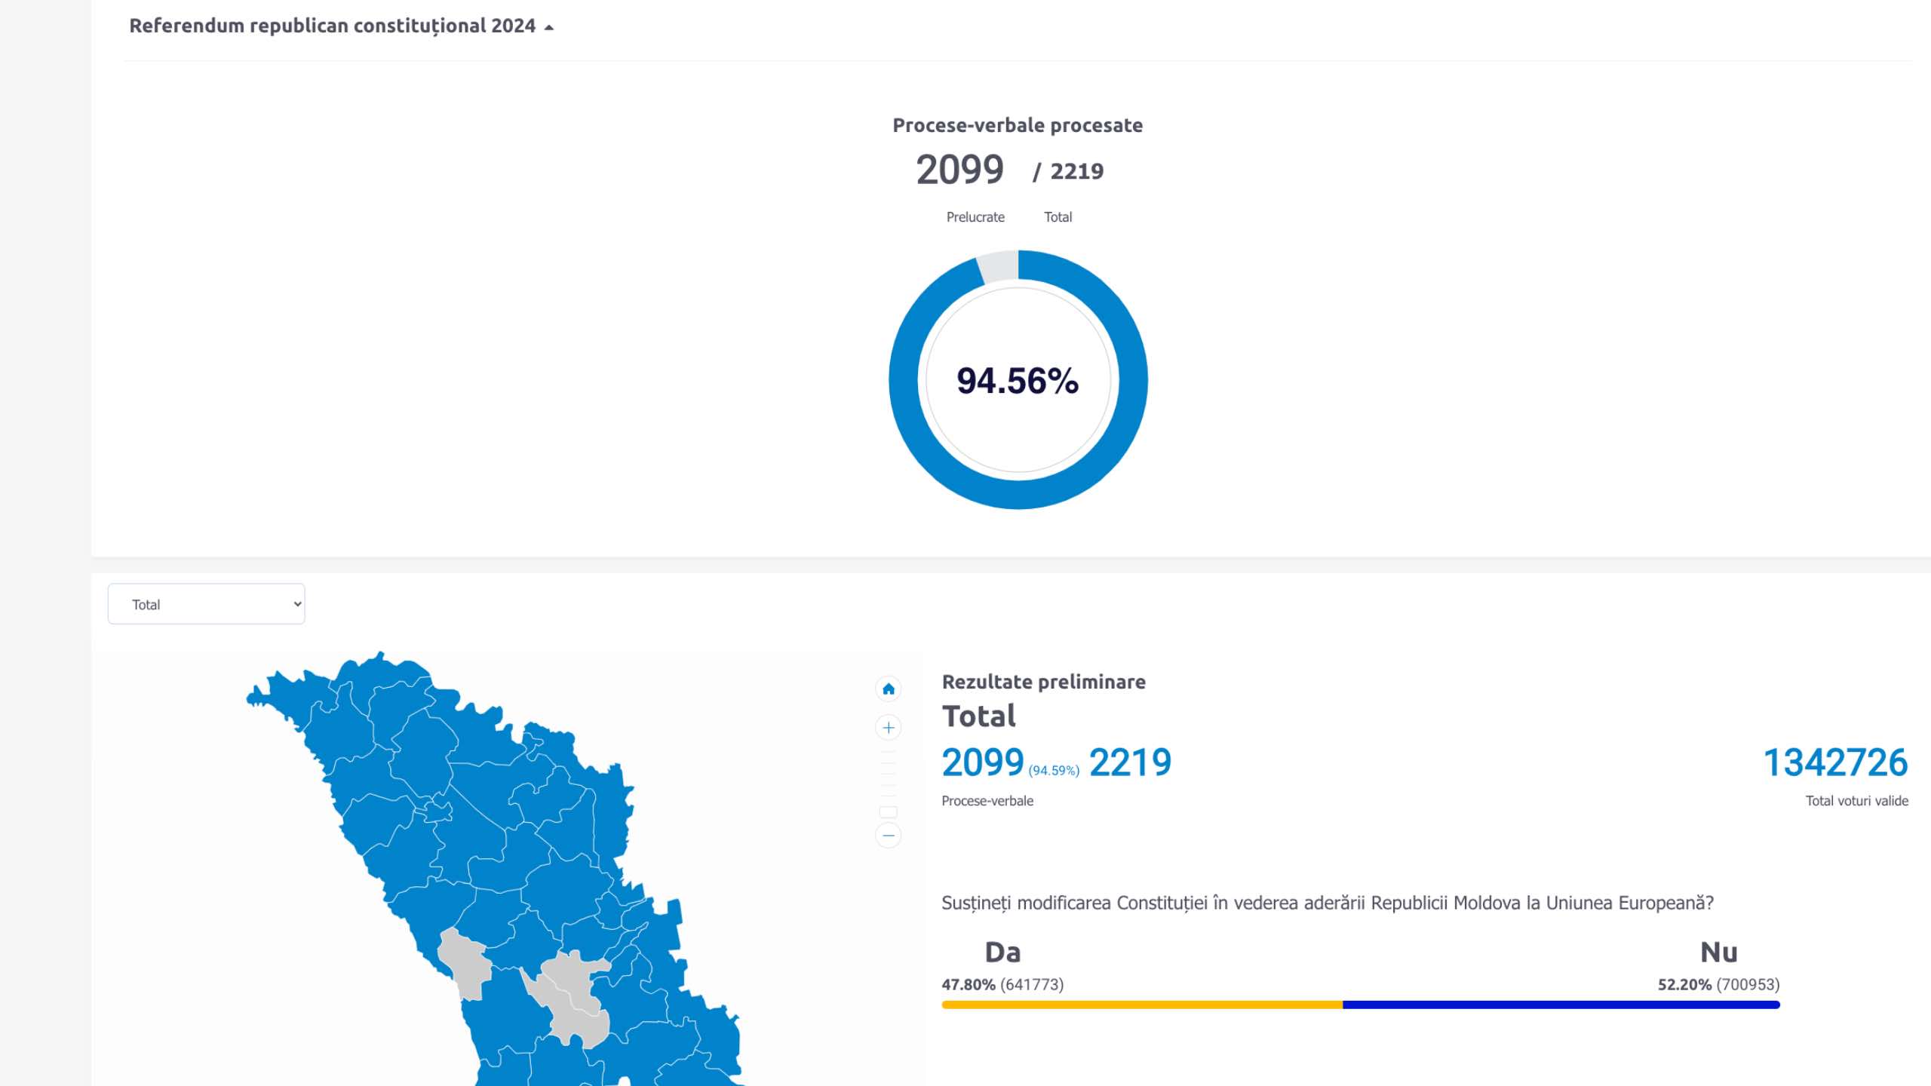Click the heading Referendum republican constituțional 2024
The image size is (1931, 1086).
point(332,26)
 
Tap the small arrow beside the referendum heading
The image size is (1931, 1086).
point(549,28)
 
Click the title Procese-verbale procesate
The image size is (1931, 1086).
point(1018,125)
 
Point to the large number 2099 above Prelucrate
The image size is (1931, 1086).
point(959,170)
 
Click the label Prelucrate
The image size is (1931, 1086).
point(975,217)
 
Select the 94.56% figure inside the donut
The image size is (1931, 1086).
point(1018,381)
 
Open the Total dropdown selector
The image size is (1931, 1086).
point(207,604)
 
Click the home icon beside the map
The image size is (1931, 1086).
point(889,689)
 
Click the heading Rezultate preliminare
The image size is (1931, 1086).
point(1043,682)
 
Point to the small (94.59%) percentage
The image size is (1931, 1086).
point(1054,770)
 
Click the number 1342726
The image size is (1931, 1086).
point(1835,762)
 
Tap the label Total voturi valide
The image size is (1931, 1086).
point(1856,801)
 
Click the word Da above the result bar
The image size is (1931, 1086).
point(1002,953)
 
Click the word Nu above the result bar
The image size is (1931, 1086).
point(1718,953)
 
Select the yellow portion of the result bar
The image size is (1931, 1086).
point(1141,1005)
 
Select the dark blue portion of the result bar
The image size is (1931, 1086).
point(1561,1005)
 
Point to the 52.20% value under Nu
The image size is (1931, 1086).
point(1684,985)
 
